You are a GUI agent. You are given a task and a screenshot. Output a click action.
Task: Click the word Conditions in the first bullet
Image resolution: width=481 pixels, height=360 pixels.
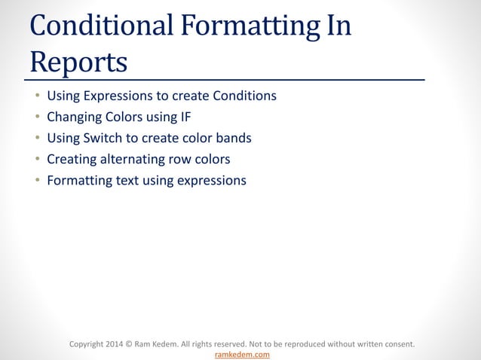coord(246,96)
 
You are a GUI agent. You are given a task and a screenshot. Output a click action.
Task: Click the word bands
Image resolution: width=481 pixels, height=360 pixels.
coord(234,139)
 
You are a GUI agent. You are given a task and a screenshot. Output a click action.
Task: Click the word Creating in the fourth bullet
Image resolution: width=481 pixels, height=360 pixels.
coord(71,160)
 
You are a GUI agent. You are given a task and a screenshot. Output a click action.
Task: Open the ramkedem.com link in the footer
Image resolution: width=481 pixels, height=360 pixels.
coord(242,354)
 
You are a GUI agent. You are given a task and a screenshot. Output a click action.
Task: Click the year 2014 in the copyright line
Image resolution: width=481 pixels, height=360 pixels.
coord(118,344)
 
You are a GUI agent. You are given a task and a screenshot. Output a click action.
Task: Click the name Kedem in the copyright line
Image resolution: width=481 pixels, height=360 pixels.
coord(176,344)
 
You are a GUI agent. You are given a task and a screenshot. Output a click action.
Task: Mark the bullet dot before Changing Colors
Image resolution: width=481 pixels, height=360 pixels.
coord(36,118)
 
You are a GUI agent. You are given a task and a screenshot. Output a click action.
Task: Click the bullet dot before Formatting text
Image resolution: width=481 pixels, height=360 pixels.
coord(36,182)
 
